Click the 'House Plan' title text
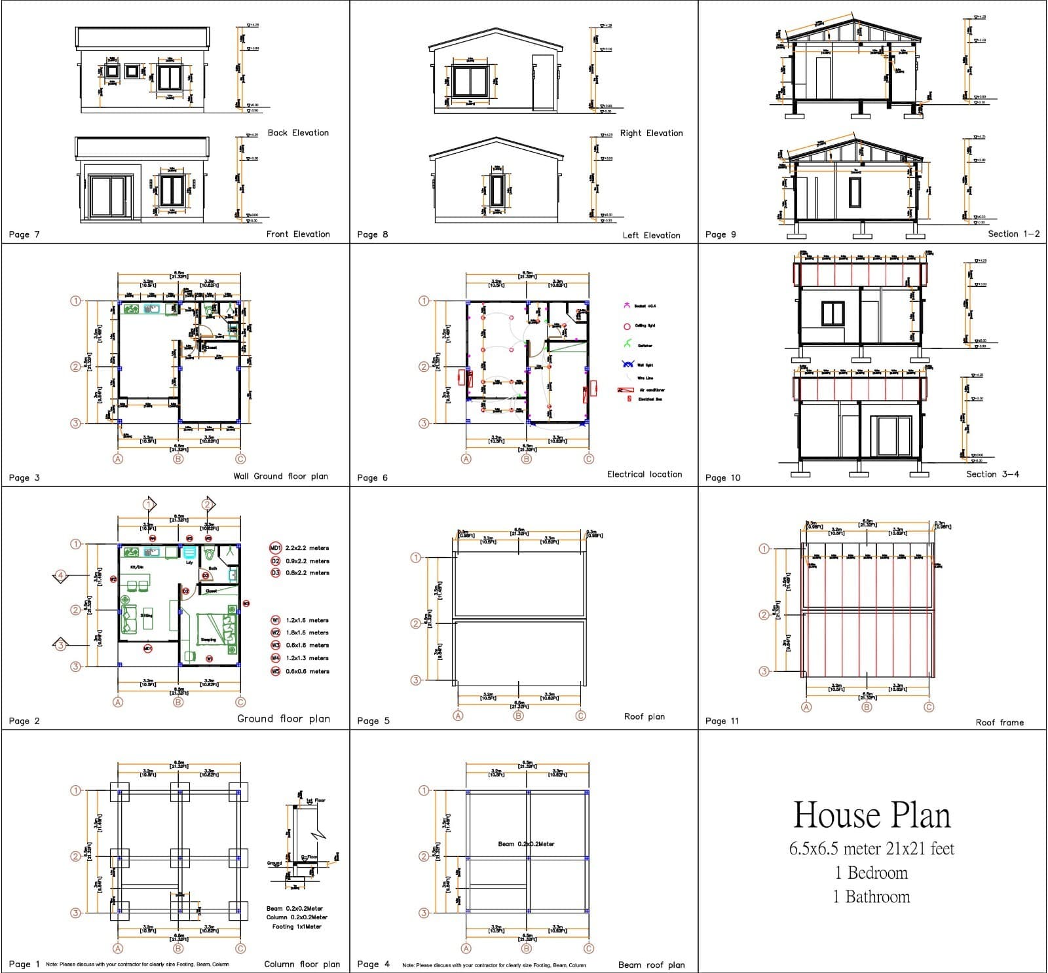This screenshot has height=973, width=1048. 871,815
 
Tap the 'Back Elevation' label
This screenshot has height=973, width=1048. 298,133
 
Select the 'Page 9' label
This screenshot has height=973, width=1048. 720,234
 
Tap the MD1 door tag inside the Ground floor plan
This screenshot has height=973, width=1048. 148,648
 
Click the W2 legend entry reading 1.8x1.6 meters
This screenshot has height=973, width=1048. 300,633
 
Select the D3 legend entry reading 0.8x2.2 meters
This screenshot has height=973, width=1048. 299,573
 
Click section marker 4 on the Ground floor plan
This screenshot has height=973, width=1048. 60,576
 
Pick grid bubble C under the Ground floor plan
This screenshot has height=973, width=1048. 240,702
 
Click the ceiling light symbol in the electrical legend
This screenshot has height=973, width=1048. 627,326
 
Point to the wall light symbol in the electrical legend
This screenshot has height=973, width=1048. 627,365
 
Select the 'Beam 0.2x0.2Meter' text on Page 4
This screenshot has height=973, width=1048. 526,844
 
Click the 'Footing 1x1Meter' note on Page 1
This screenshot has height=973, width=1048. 297,927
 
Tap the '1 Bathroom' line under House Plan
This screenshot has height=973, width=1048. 871,897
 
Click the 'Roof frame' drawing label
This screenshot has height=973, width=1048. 1000,722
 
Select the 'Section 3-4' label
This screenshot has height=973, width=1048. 992,474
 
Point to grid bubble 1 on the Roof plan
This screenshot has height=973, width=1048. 415,558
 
